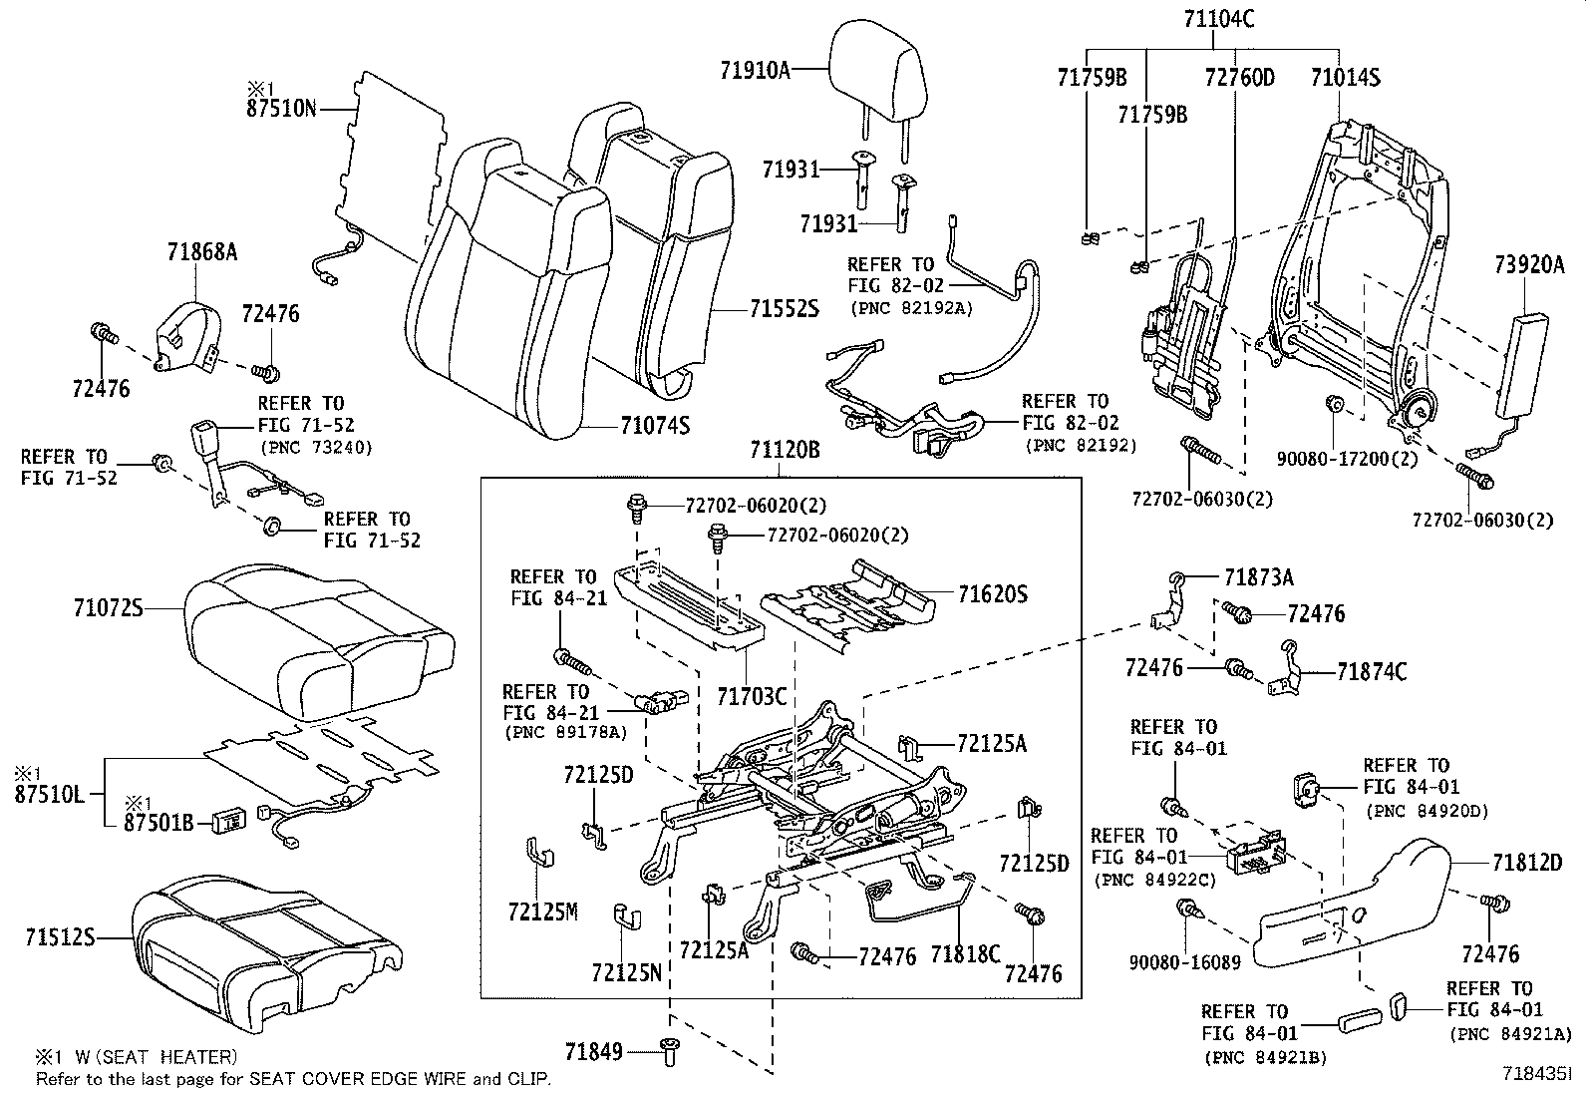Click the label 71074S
[654, 426]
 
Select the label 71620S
[992, 595]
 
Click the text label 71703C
[752, 695]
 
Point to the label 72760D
[1239, 77]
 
